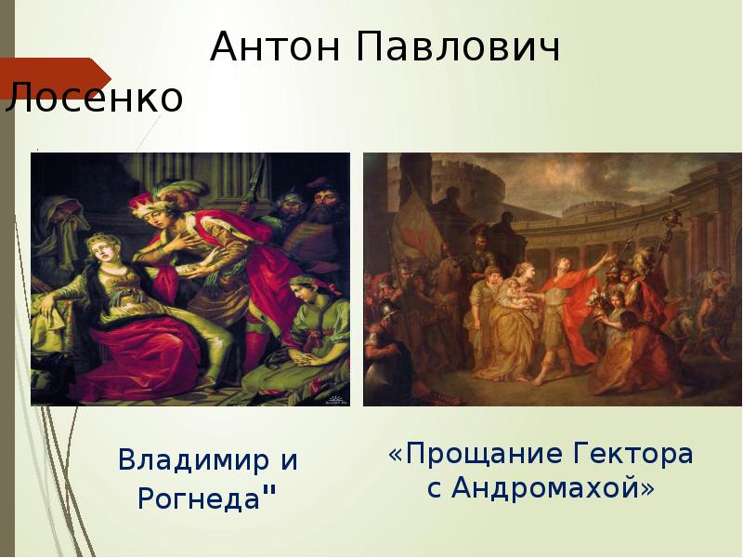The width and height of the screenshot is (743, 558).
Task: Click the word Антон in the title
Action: (269, 46)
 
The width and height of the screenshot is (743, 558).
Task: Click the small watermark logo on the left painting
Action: (334, 399)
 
